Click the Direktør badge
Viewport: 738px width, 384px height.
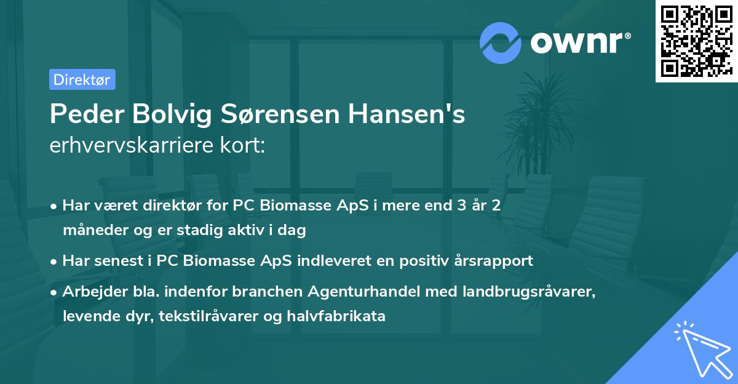coord(82,79)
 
